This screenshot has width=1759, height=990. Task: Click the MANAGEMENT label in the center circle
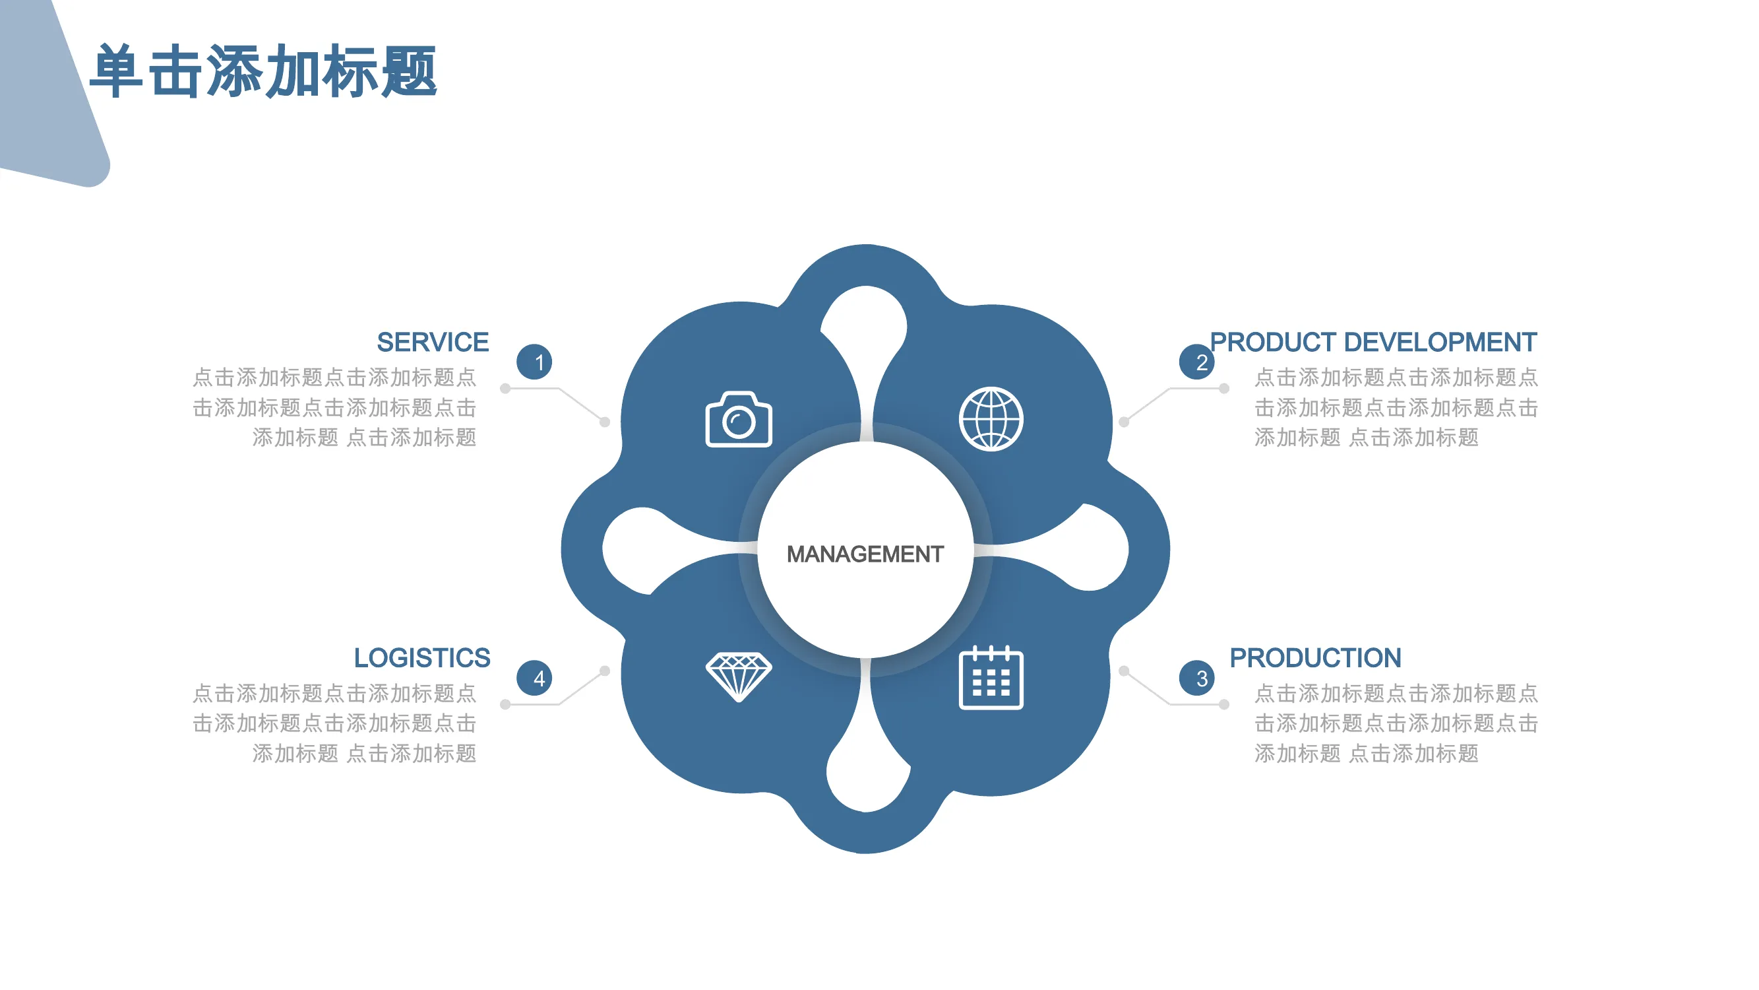[x=865, y=554]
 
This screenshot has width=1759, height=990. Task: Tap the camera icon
[x=739, y=419]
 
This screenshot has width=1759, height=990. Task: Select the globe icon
[x=991, y=419]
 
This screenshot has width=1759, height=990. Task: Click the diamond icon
[x=739, y=676]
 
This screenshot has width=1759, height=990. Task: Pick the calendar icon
[x=991, y=677]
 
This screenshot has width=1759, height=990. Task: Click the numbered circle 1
[x=535, y=362]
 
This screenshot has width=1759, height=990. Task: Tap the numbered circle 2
[x=1197, y=362]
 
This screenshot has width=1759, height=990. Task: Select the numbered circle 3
[x=1197, y=678]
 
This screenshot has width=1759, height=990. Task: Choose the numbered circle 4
[x=535, y=678]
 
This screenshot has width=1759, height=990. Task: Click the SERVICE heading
[x=433, y=342]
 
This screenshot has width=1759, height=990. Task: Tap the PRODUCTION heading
[x=1315, y=658]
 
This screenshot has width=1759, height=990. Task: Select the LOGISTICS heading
[x=422, y=658]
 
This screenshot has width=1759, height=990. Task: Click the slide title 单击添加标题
[x=264, y=71]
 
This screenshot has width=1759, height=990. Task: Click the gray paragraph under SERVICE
[x=334, y=407]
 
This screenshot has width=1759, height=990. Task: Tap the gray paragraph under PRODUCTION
[x=1396, y=723]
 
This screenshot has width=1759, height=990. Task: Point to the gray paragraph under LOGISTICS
[x=334, y=723]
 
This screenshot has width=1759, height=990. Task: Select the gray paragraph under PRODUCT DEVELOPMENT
[x=1396, y=407]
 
